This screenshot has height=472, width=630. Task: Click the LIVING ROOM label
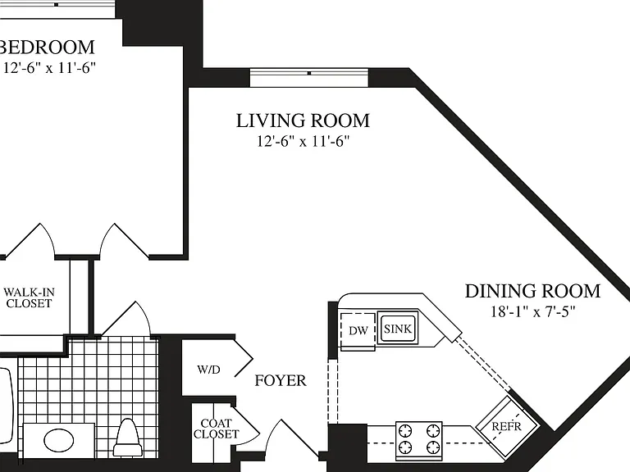(x=303, y=120)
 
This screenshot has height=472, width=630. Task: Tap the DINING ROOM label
(x=532, y=291)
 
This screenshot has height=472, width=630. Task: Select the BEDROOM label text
(x=47, y=47)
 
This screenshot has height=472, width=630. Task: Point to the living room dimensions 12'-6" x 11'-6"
(x=303, y=141)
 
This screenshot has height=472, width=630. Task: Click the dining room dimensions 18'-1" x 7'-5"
(x=532, y=311)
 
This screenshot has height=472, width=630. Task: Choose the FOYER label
(x=281, y=380)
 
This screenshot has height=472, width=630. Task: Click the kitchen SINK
(x=398, y=329)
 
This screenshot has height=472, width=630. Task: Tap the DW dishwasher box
(x=358, y=331)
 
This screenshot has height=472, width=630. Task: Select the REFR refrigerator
(x=507, y=426)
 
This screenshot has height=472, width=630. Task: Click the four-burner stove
(x=419, y=440)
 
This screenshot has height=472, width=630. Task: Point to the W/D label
(x=208, y=370)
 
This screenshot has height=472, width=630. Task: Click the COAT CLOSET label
(x=216, y=429)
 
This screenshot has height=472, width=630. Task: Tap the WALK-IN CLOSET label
(x=29, y=297)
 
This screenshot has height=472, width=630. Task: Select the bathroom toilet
(x=128, y=438)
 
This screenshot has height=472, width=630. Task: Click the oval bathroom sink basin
(x=59, y=440)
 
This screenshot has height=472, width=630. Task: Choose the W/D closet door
(x=243, y=358)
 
